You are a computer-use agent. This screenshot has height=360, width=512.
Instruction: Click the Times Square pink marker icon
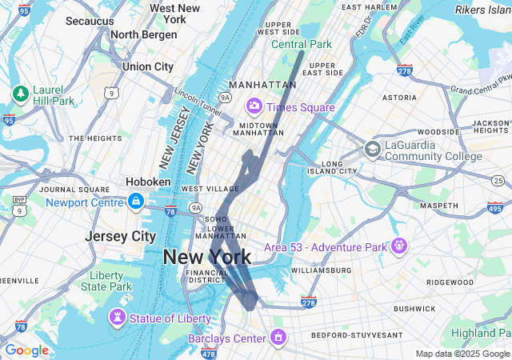[254, 106]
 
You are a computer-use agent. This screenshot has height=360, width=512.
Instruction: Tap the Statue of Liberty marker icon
[118, 318]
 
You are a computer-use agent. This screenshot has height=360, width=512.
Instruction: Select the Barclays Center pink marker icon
[278, 338]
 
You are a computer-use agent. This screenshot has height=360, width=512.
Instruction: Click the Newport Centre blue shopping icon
[136, 201]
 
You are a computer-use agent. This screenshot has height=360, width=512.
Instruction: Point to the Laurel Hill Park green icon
[20, 94]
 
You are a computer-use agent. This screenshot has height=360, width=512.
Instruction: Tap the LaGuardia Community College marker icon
[372, 149]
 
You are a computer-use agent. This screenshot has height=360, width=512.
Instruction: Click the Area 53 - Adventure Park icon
[399, 245]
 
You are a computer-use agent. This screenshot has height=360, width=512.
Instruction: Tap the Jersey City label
[120, 237]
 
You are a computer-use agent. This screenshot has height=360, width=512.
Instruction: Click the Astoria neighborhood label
[399, 97]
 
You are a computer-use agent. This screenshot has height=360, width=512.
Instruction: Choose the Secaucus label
[90, 20]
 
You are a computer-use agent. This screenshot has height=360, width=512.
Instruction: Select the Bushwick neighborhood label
[414, 308]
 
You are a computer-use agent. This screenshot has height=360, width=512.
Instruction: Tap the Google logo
[26, 350]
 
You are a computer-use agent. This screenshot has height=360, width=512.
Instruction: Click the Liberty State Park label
[106, 281]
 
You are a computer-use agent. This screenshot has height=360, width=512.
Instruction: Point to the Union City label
[148, 66]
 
